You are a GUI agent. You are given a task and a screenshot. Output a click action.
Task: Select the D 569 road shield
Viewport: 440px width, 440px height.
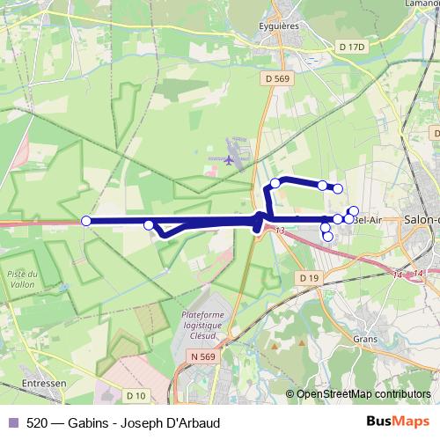pyautogui.click(x=276, y=78)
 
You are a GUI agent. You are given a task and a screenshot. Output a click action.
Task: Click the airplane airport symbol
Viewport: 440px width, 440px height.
pyautogui.click(x=230, y=159)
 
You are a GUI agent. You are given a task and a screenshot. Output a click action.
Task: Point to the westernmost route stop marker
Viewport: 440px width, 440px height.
pyautogui.click(x=86, y=221)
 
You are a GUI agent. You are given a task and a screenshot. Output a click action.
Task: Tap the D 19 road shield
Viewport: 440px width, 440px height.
pyautogui.click(x=307, y=278)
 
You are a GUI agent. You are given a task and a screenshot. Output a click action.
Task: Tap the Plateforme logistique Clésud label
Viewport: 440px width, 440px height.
pyautogui.click(x=204, y=325)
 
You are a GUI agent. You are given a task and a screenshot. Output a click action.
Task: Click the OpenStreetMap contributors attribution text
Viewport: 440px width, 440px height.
pyautogui.click(x=363, y=394)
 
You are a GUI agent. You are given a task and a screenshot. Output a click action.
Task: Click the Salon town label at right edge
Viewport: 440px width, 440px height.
pyautogui.click(x=421, y=220)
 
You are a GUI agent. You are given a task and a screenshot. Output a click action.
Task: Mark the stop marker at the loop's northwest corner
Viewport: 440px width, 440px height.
pyautogui.click(x=275, y=183)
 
